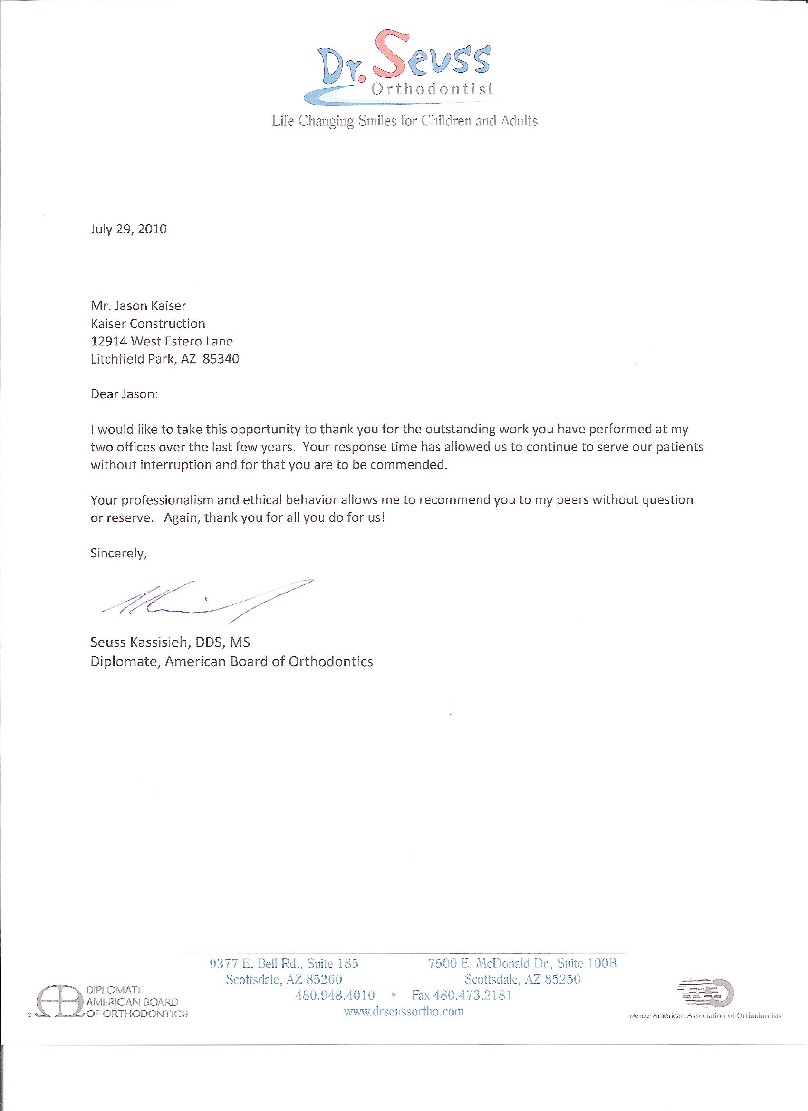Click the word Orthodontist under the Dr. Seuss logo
point(432,90)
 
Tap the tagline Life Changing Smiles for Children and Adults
point(405,121)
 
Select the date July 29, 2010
point(129,229)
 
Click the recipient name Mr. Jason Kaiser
point(139,306)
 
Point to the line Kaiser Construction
point(148,324)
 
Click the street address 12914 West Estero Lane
point(162,342)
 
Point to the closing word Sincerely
point(118,554)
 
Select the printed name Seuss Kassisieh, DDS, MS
point(171,642)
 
